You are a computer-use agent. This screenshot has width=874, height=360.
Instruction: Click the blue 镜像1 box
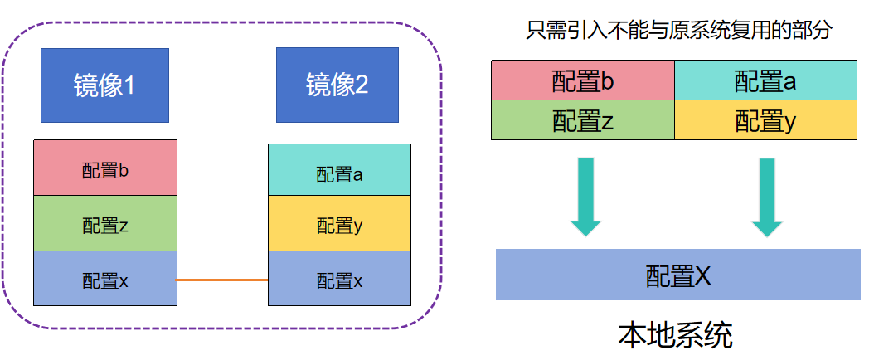(x=104, y=85)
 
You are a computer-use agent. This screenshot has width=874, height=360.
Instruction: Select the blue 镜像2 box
(x=337, y=85)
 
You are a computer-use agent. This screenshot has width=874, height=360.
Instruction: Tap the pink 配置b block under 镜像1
(x=104, y=168)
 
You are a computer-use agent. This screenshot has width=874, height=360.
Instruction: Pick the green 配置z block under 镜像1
(x=104, y=224)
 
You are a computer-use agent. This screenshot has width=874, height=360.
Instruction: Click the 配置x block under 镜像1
(x=104, y=279)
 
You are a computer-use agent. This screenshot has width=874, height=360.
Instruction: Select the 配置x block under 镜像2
(x=339, y=279)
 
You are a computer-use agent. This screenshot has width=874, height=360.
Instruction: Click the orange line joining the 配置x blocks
(x=222, y=280)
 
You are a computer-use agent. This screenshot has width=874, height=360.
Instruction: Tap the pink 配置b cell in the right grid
(x=582, y=80)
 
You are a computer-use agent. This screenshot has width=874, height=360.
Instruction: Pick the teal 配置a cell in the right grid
(x=765, y=80)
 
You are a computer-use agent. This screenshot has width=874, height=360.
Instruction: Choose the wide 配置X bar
(x=677, y=274)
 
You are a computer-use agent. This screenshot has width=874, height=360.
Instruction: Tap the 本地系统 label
(x=675, y=336)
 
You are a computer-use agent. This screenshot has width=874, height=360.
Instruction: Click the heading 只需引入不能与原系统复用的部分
(x=678, y=32)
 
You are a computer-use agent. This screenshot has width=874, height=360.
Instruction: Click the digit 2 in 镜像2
(x=361, y=85)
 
